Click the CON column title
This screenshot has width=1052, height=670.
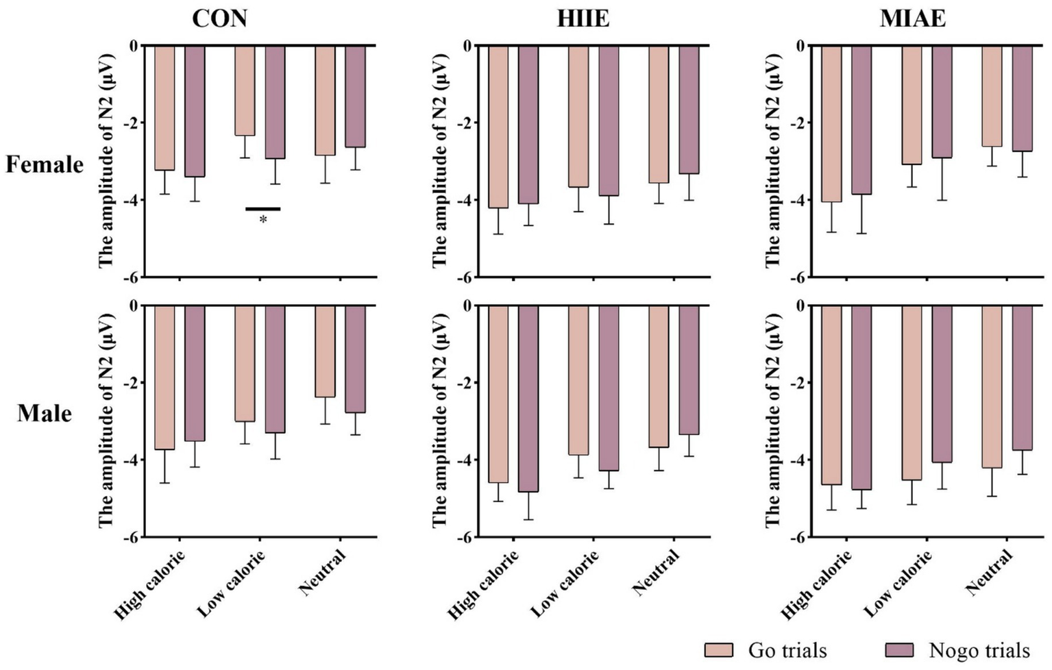pos(219,18)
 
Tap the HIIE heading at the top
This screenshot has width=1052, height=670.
pos(583,18)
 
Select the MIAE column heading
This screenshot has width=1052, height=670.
pos(913,18)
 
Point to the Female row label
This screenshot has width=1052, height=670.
pos(45,164)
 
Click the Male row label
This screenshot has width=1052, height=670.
pos(45,413)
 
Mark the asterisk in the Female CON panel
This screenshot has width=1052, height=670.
pos(263,220)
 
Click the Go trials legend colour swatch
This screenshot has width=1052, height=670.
pos(718,649)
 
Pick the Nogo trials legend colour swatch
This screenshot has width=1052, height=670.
pos(900,649)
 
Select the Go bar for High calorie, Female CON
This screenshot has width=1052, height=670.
pos(164,108)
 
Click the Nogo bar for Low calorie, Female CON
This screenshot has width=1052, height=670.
pos(275,102)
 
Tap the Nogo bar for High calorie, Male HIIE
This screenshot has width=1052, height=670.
pos(528,399)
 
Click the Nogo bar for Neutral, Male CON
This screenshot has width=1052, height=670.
pos(355,359)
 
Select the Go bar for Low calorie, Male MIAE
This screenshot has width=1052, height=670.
pos(912,393)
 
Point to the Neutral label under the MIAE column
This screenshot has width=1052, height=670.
pos(988,573)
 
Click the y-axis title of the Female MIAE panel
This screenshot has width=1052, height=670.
pos(772,161)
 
